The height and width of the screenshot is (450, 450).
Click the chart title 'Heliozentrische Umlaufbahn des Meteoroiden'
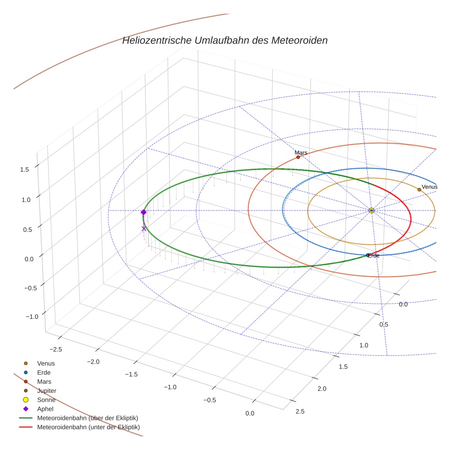pyautogui.click(x=225, y=40)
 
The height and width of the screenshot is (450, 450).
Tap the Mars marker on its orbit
pyautogui.click(x=298, y=157)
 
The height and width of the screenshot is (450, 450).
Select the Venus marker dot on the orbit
pyautogui.click(x=419, y=189)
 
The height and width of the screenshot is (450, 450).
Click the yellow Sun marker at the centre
pyautogui.click(x=371, y=210)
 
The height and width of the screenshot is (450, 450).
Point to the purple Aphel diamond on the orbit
pyautogui.click(x=144, y=212)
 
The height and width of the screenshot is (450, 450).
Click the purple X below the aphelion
pyautogui.click(x=144, y=229)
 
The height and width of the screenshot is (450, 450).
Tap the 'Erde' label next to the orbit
pyautogui.click(x=374, y=256)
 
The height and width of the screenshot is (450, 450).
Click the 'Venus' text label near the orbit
pyautogui.click(x=429, y=187)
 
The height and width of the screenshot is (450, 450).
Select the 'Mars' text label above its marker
pyautogui.click(x=301, y=153)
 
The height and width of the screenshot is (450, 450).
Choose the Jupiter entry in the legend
pyautogui.click(x=47, y=391)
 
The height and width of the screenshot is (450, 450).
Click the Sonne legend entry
pyautogui.click(x=46, y=400)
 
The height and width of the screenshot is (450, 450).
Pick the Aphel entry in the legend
pyautogui.click(x=45, y=409)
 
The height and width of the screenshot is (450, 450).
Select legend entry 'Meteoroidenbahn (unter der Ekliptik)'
pyautogui.click(x=88, y=427)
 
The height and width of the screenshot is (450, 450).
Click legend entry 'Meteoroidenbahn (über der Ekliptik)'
pyautogui.click(x=87, y=418)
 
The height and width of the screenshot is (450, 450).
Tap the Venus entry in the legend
pyautogui.click(x=46, y=364)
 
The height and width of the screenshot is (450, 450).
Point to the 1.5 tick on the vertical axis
pyautogui.click(x=25, y=169)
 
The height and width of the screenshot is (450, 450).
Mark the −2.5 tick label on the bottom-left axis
pyautogui.click(x=55, y=349)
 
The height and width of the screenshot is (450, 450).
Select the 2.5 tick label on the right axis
pyautogui.click(x=300, y=412)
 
